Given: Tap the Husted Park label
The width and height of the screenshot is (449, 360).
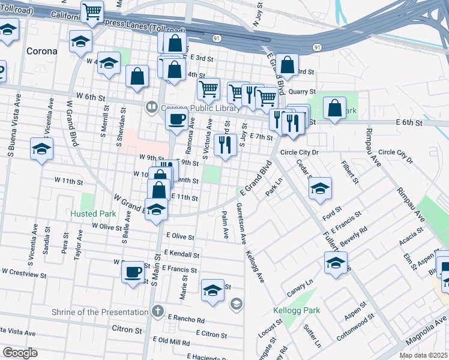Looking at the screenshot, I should (x=92, y=214).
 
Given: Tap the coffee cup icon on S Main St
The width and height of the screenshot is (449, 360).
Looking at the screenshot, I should (x=133, y=272).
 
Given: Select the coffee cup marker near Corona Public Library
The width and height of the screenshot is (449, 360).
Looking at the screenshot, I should (x=176, y=118).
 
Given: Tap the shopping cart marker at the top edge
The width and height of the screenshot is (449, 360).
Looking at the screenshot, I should (x=92, y=11).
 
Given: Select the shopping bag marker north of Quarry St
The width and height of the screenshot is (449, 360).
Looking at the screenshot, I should (x=288, y=65).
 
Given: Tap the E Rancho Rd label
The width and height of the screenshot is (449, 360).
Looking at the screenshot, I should (x=187, y=319).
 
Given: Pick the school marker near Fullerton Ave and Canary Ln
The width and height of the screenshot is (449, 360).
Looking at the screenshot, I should (x=336, y=262).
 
